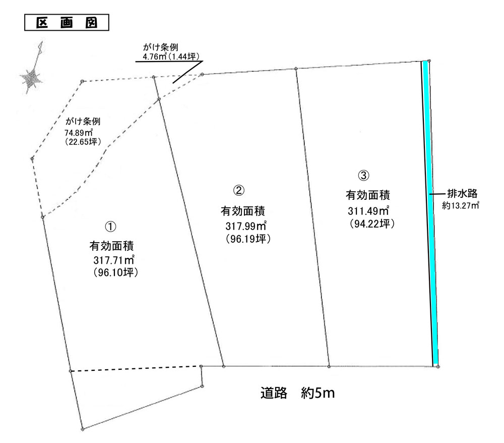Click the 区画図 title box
pyautogui.click(x=67, y=23)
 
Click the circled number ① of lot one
pyautogui.click(x=110, y=227)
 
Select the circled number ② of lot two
pyautogui.click(x=238, y=190)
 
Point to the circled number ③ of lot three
pyautogui.click(x=363, y=176)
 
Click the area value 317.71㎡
pyautogui.click(x=114, y=260)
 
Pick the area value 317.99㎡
pyautogui.click(x=246, y=226)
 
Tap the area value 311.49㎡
pyautogui.click(x=368, y=211)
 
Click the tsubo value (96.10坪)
pyautogui.click(x=116, y=272)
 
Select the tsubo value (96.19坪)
pyautogui.click(x=248, y=239)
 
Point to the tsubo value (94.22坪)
pyautogui.click(x=372, y=224)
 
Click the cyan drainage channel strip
pyautogui.click(x=430, y=212)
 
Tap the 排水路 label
pyautogui.click(x=462, y=194)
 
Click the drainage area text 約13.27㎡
pyautogui.click(x=461, y=205)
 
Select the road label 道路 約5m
pyautogui.click(x=298, y=393)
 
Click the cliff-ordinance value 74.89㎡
pyautogui.click(x=79, y=132)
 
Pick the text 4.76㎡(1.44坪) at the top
pyautogui.click(x=169, y=57)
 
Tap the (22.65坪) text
pyautogui.click(x=83, y=142)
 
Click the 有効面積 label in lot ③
pyautogui.click(x=368, y=195)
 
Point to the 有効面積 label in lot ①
pyautogui.click(x=111, y=246)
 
